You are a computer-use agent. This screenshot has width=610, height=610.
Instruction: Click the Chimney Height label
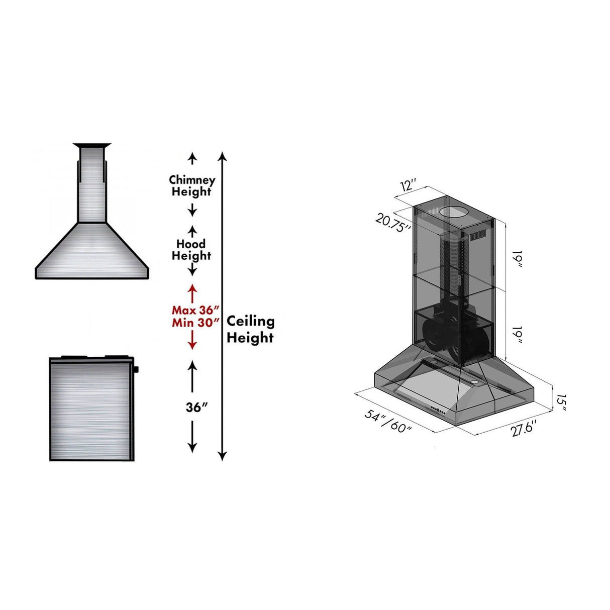pos(192,185)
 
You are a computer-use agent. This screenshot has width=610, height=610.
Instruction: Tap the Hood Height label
pos(191,250)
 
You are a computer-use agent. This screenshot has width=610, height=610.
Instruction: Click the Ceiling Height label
pos(250,329)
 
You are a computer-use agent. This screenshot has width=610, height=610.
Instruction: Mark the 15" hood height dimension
pos(561,402)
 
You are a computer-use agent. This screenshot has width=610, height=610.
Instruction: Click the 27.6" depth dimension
pos(523,429)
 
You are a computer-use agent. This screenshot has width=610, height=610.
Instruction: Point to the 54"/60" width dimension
pos(388,421)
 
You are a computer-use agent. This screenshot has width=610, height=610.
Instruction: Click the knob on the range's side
pos(136,370)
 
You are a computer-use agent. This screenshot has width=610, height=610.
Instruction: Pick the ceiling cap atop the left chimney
pos(91,146)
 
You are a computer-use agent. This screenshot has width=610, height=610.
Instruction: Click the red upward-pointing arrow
pos(192,293)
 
